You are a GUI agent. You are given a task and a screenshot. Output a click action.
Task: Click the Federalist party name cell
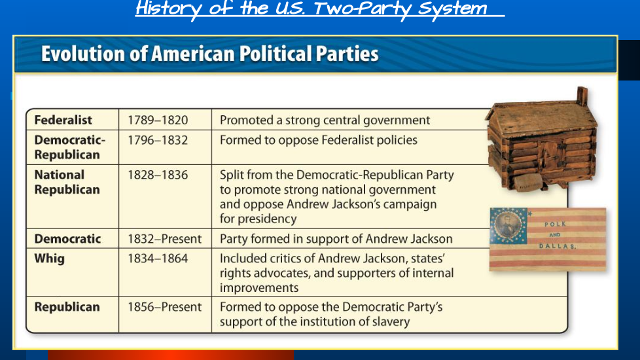pyautogui.click(x=63, y=120)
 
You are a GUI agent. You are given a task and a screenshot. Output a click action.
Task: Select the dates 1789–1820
pyautogui.click(x=158, y=120)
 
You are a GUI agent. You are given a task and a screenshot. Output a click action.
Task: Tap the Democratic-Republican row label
pyautogui.click(x=70, y=147)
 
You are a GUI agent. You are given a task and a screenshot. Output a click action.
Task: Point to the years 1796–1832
pyautogui.click(x=158, y=140)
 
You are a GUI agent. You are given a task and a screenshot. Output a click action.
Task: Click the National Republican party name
pyautogui.click(x=67, y=182)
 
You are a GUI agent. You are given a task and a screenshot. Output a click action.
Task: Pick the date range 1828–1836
pyautogui.click(x=158, y=175)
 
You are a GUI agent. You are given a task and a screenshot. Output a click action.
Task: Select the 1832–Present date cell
pyautogui.click(x=164, y=239)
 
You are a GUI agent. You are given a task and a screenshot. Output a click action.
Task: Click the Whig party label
pyautogui.click(x=49, y=259)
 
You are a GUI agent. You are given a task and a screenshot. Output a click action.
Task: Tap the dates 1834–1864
pyautogui.click(x=158, y=259)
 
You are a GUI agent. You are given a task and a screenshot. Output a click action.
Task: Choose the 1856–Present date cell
pyautogui.click(x=164, y=307)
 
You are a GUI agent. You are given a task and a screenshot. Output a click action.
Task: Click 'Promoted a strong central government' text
pyautogui.click(x=325, y=120)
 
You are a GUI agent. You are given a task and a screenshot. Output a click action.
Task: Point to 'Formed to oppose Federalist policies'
pyautogui.click(x=319, y=141)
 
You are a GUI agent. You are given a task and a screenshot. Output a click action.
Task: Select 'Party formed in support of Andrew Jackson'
pyautogui.click(x=336, y=239)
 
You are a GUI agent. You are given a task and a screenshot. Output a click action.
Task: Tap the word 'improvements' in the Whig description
pyautogui.click(x=259, y=288)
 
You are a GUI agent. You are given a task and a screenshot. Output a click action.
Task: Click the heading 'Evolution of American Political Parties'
pyautogui.click(x=210, y=54)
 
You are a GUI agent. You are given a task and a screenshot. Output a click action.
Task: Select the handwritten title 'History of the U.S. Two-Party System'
pyautogui.click(x=312, y=8)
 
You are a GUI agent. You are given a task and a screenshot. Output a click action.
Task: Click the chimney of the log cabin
pyautogui.click(x=582, y=96)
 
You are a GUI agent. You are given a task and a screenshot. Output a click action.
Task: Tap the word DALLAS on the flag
pyautogui.click(x=557, y=246)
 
